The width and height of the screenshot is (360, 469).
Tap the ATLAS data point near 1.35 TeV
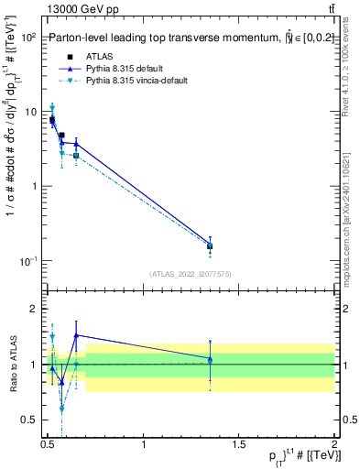click(x=210, y=245)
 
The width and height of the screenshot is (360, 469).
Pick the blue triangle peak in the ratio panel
click(x=76, y=335)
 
